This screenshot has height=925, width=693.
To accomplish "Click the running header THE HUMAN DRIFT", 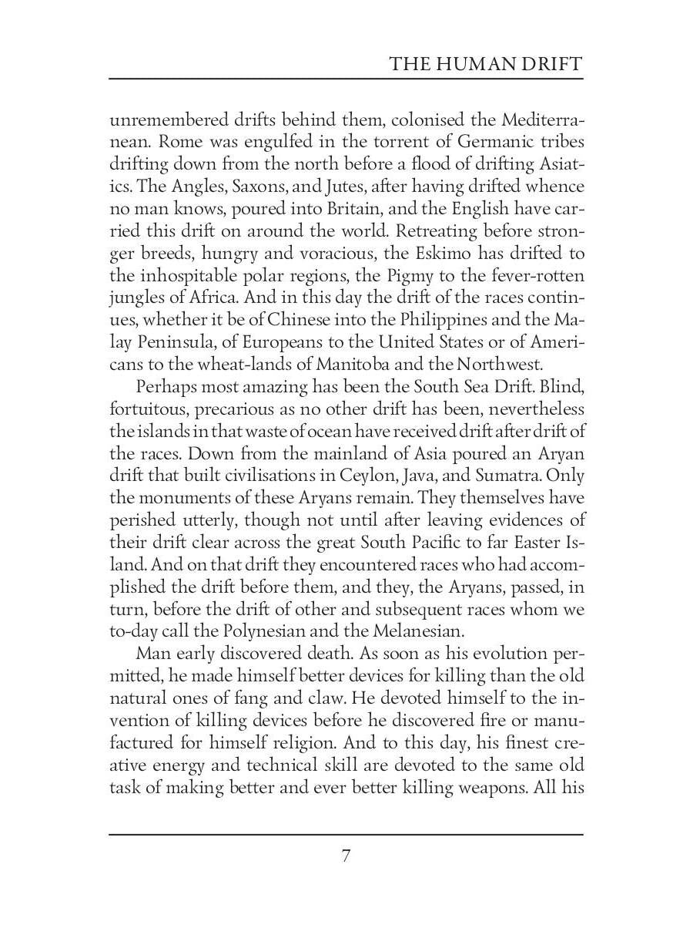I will pos(486,63).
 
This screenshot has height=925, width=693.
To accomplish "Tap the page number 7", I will pos(346,856).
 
